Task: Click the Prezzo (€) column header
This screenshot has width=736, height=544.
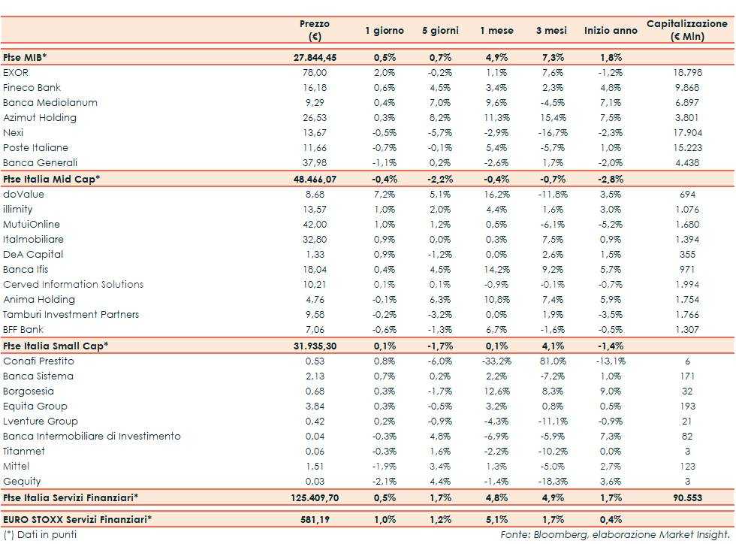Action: (x=315, y=30)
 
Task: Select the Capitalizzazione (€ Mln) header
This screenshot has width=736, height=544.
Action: (x=686, y=30)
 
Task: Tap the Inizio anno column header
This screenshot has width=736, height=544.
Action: (x=611, y=31)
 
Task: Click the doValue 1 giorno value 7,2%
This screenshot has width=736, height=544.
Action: (x=384, y=195)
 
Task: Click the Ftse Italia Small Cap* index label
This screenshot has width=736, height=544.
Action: (x=56, y=346)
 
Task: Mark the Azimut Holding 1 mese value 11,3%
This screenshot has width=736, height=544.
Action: (x=496, y=118)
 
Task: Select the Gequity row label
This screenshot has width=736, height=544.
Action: (x=22, y=482)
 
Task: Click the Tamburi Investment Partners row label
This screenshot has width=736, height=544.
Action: (x=71, y=315)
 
